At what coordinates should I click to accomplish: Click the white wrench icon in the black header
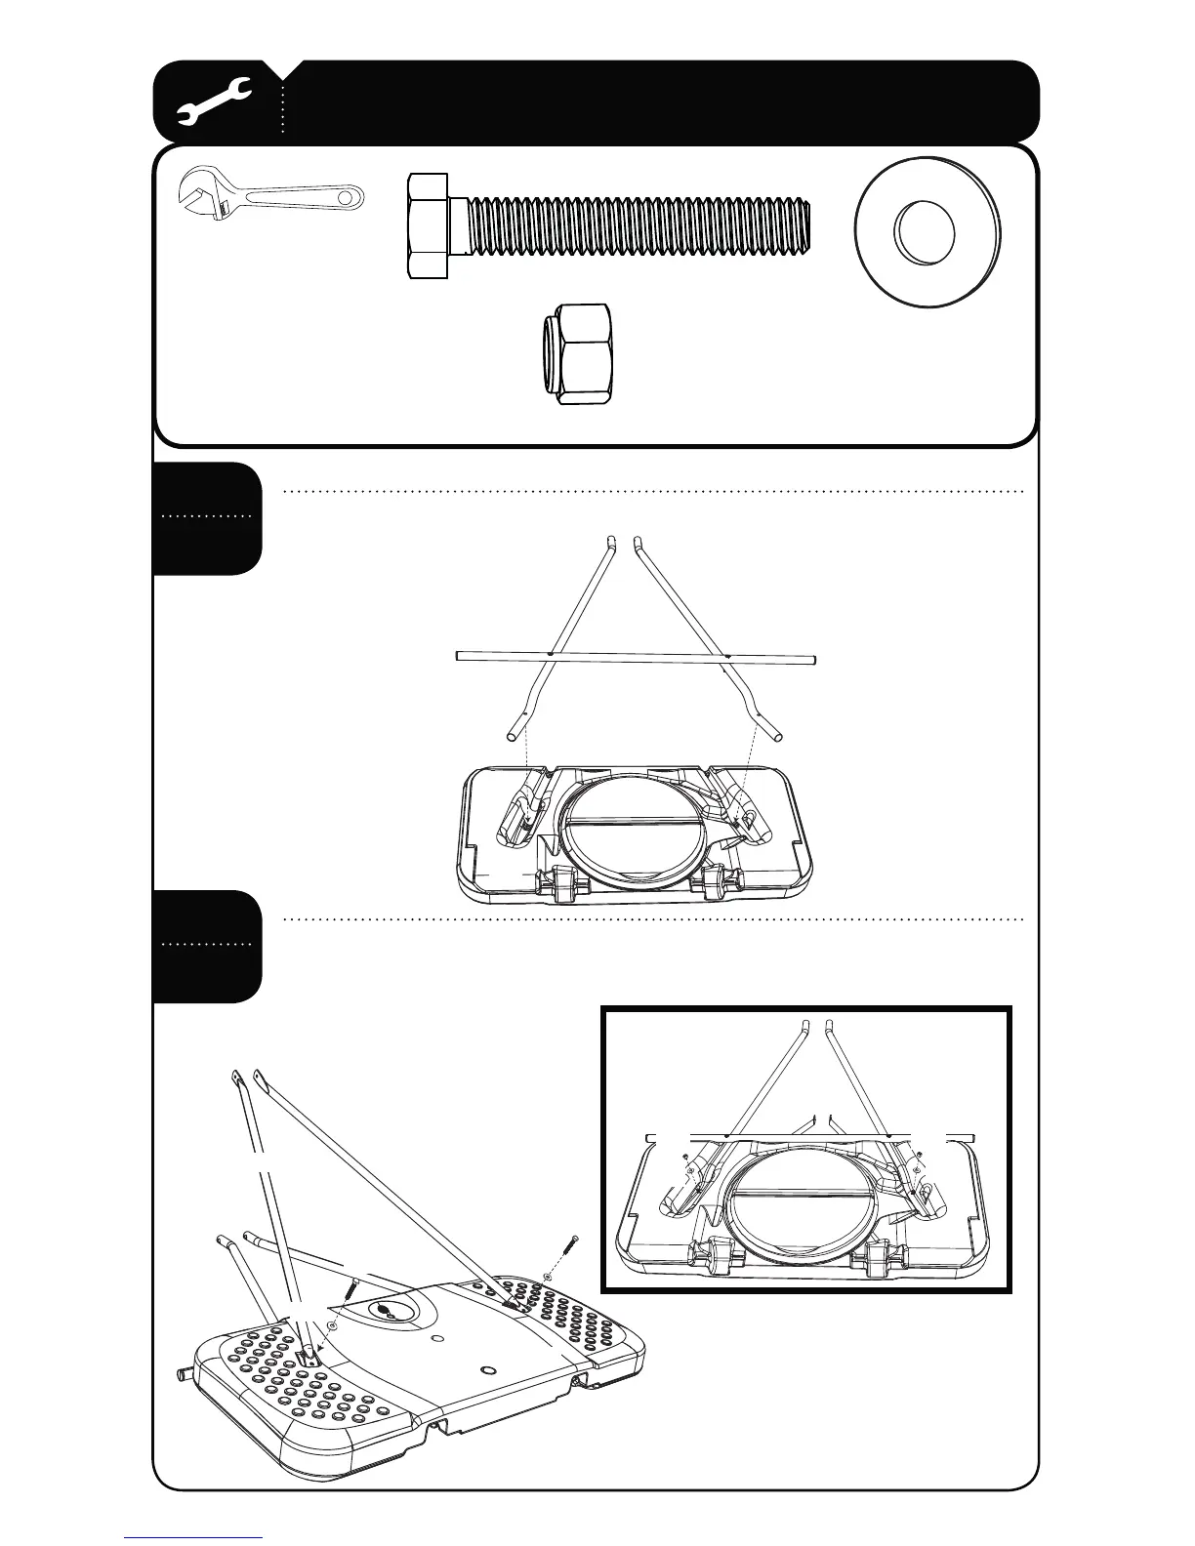tap(216, 102)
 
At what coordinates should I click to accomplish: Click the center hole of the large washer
tap(925, 232)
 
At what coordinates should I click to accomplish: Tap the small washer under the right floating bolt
tap(548, 1278)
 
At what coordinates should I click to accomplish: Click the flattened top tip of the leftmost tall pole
tap(236, 1078)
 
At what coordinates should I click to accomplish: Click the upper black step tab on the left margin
tap(207, 518)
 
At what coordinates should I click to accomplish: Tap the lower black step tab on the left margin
tap(207, 946)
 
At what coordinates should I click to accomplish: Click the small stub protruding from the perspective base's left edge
tap(182, 1377)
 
